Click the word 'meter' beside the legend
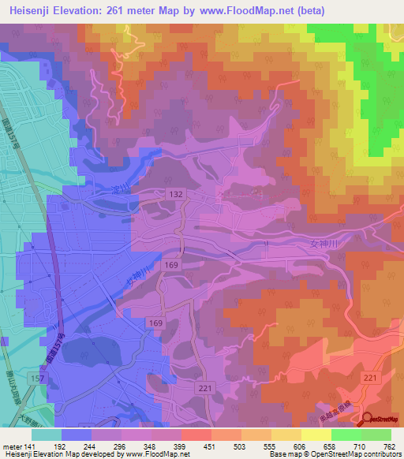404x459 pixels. pyautogui.click(x=13, y=446)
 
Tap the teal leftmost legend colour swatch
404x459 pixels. pyautogui.click(x=47, y=435)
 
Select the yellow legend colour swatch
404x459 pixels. pyautogui.click(x=316, y=435)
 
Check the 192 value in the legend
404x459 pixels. pyautogui.click(x=62, y=446)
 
